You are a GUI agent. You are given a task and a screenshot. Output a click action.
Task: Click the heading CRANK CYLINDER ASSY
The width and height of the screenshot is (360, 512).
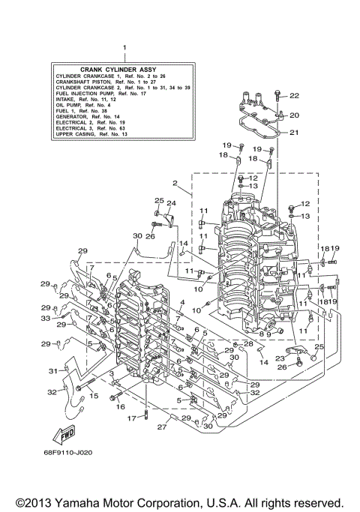pos(124,68)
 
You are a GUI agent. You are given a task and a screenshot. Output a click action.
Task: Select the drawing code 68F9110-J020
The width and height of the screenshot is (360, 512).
pos(75,454)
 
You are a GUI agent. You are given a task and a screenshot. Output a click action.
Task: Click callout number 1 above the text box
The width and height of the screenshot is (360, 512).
pos(124,47)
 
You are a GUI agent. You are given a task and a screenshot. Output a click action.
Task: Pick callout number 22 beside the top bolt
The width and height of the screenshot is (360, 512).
pos(294,95)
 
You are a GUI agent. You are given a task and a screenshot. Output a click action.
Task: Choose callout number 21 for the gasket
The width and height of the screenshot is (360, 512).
pos(294,133)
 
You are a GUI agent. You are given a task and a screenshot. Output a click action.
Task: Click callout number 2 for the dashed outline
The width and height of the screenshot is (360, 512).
pos(174,182)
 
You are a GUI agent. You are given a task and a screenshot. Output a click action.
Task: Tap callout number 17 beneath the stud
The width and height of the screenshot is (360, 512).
pos(130,418)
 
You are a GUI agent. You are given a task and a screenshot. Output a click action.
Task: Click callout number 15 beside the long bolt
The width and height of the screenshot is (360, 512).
pos(94,395)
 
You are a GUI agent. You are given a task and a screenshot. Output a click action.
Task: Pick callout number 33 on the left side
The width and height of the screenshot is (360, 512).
pos(46,319)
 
